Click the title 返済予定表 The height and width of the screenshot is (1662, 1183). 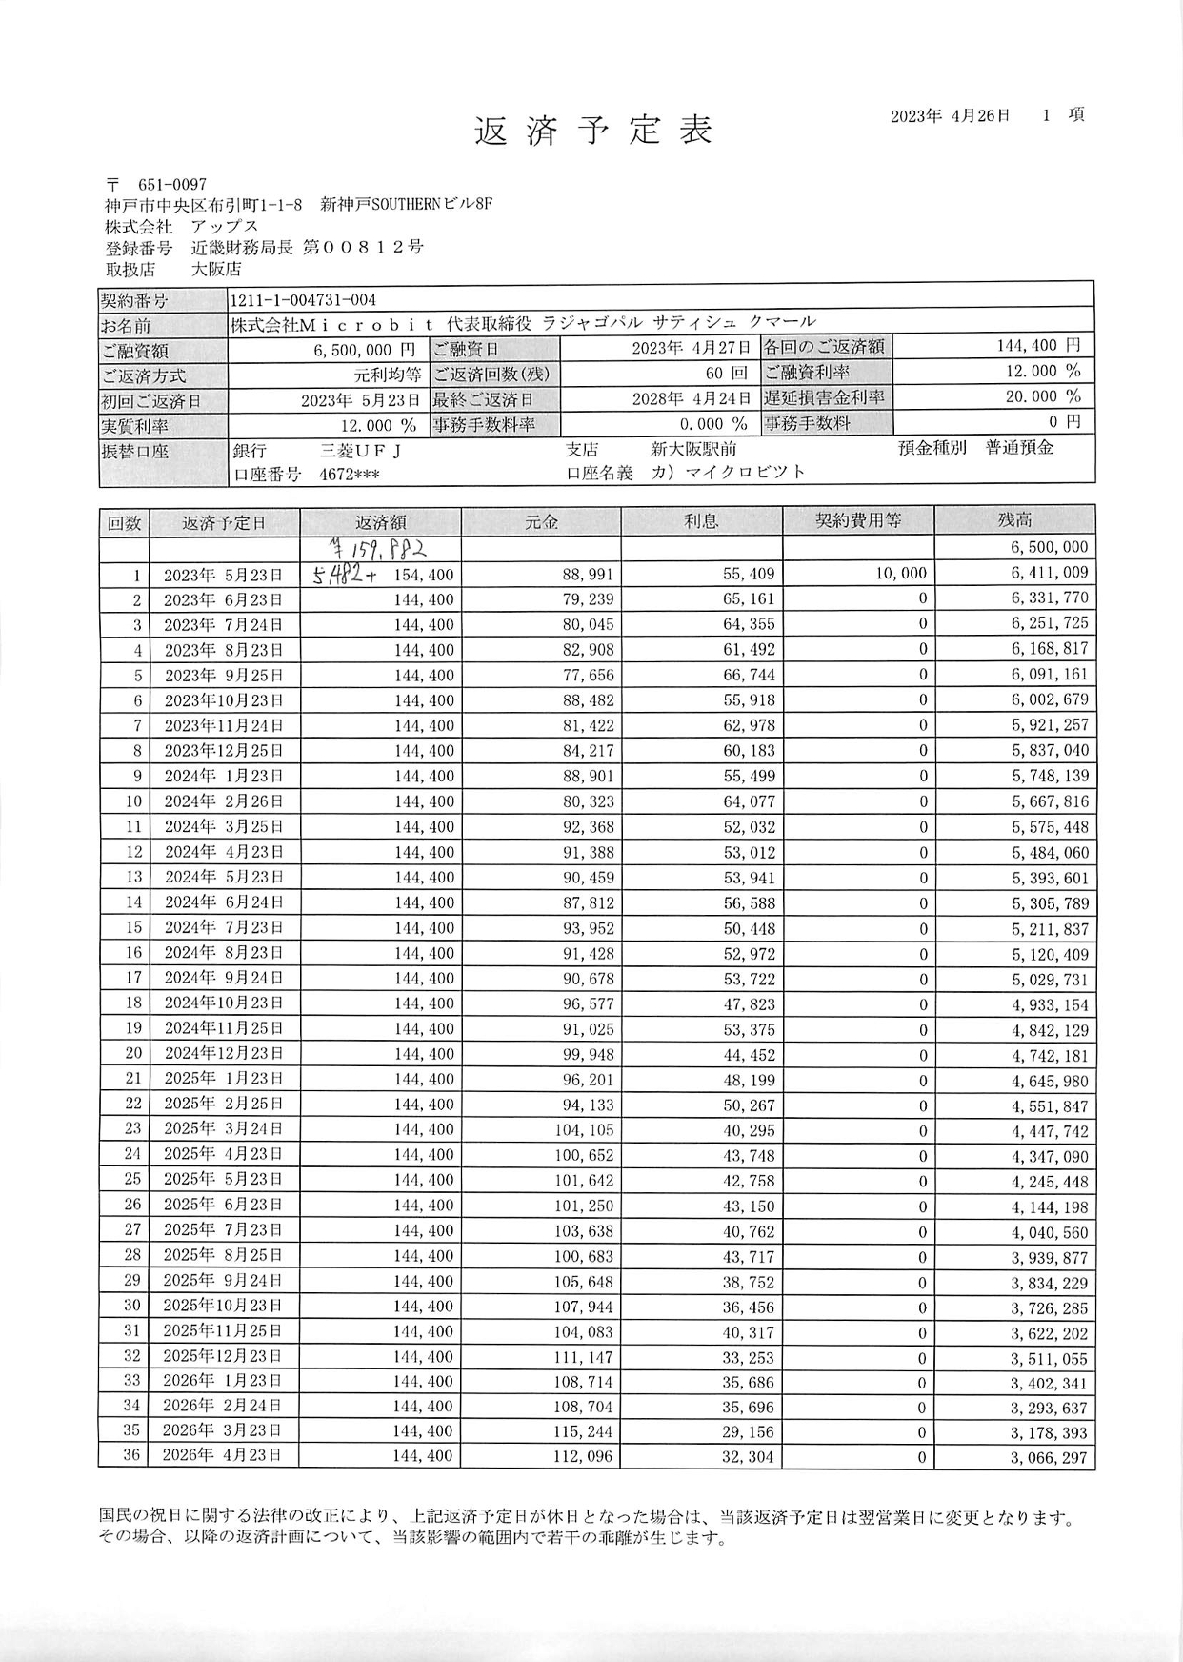(x=593, y=132)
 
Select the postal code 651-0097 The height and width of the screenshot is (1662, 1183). (x=171, y=184)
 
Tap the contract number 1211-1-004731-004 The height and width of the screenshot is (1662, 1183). (x=304, y=300)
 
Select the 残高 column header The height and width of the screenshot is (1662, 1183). (x=1014, y=520)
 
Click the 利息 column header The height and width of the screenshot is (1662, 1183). (x=701, y=520)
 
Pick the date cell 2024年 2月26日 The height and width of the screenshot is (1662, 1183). (x=224, y=801)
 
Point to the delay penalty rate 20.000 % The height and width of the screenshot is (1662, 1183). (x=1043, y=396)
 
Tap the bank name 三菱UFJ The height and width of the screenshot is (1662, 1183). (x=360, y=449)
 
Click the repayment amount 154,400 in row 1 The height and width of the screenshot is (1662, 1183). (x=424, y=575)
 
